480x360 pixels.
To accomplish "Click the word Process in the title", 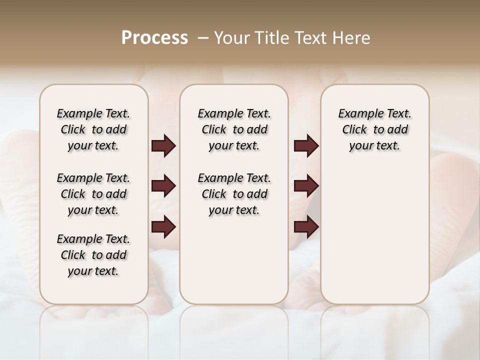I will tap(154, 38).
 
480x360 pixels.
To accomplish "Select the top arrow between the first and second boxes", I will tap(163, 146).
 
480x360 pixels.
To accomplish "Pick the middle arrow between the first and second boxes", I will tap(163, 186).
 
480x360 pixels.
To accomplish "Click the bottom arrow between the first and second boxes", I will tap(163, 227).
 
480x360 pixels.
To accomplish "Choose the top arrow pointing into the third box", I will tap(306, 146).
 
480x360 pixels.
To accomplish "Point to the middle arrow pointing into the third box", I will tap(306, 186).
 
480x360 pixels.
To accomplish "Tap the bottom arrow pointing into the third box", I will tap(306, 227).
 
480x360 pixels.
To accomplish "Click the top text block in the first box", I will tap(93, 129).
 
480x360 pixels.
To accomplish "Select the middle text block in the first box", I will tap(93, 194).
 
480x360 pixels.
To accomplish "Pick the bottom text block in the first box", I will tap(93, 255).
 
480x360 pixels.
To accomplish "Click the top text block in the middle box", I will tap(234, 129).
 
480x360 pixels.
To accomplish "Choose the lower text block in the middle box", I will tap(234, 194).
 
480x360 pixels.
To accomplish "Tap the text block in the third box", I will tap(375, 129).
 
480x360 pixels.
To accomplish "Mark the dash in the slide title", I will tap(202, 38).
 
